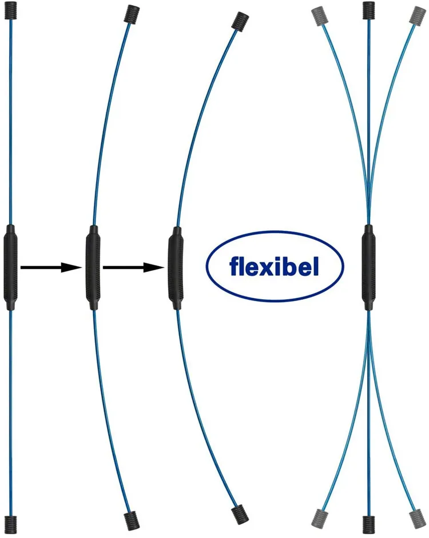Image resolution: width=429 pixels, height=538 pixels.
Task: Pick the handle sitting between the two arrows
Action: coord(93,267)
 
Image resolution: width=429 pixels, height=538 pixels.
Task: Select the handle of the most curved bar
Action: coord(174,267)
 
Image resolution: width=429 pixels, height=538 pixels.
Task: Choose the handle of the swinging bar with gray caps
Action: coord(368,267)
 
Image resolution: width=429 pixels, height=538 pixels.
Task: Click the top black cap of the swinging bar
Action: coord(369,11)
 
